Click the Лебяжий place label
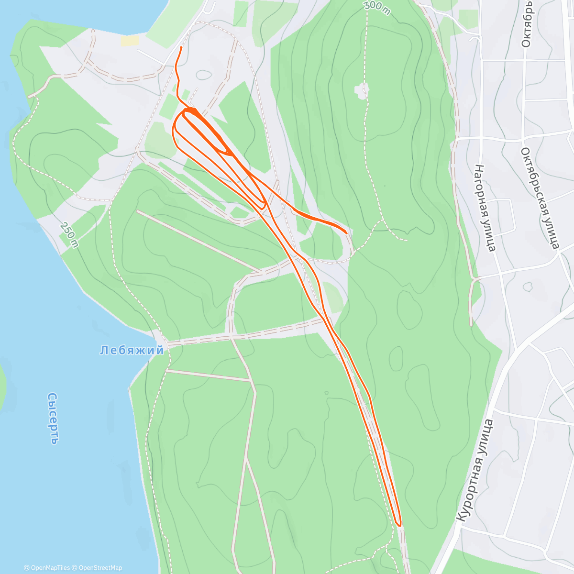(x=132, y=351)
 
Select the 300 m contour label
(x=377, y=8)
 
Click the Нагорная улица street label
(x=484, y=208)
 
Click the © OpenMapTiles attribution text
(x=47, y=568)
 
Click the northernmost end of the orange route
(x=181, y=48)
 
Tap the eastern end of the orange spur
(x=346, y=232)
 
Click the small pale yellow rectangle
(x=130, y=41)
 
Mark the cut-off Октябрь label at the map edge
(x=526, y=24)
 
